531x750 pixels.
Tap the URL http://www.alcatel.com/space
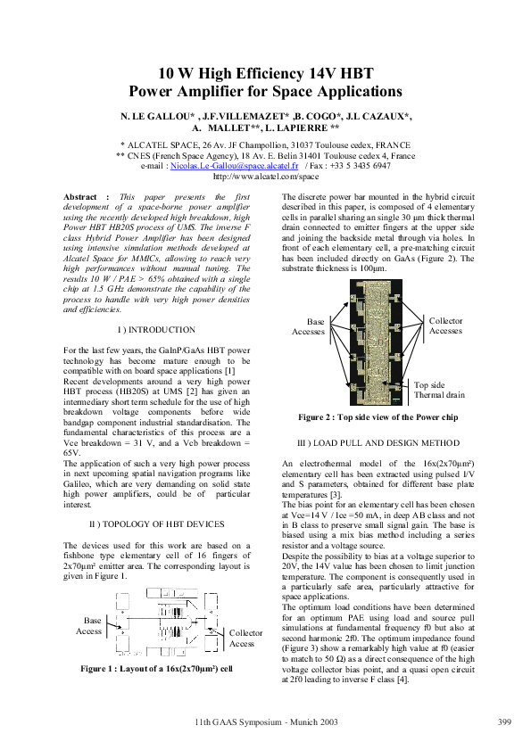pyautogui.click(x=265, y=177)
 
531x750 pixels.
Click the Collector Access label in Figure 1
pyautogui.click(x=246, y=638)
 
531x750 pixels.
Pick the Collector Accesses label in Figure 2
pyautogui.click(x=446, y=326)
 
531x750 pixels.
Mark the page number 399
pyautogui.click(x=502, y=721)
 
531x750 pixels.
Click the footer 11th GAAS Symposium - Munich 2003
pyautogui.click(x=265, y=721)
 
